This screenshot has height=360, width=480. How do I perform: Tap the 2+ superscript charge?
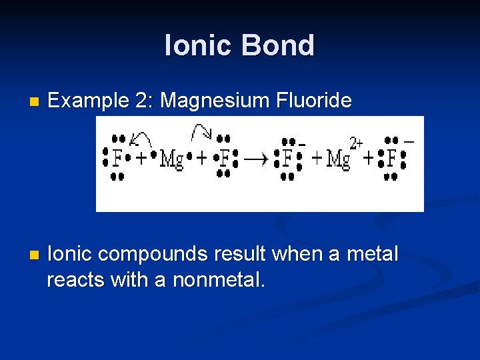tap(357, 143)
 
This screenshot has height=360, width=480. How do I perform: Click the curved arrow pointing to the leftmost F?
tap(141, 139)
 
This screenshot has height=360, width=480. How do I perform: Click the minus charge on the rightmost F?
tap(409, 142)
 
